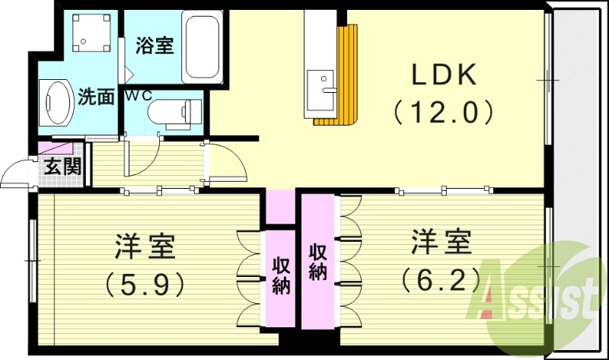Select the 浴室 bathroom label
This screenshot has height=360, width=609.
coord(155,46)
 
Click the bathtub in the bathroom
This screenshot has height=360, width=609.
coord(202,49)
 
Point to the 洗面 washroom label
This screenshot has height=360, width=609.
coord(97,97)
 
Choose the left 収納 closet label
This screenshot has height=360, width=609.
coord(281,276)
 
